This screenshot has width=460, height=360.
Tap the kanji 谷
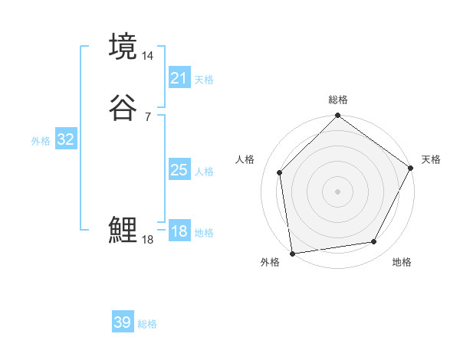pos(123,106)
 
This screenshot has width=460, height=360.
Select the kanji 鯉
pos(123,230)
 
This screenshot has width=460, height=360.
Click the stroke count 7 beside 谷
pos(148,116)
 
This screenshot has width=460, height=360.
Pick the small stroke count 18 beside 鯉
pos(148,239)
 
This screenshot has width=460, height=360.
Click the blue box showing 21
pos(179,78)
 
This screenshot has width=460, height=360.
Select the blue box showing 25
pos(179,170)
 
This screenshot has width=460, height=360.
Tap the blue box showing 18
pos(179,231)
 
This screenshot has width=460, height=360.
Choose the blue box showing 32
pos(66,139)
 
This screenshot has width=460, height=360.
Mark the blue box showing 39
pos(123,322)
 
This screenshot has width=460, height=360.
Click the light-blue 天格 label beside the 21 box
pos(204,80)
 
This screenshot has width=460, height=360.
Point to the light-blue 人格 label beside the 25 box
pos(204,172)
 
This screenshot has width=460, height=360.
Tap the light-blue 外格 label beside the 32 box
pos(41,141)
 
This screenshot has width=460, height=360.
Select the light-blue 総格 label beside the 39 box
pos(147,324)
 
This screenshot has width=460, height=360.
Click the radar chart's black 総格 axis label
pos(338,100)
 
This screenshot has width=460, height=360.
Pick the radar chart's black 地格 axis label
pos(402,263)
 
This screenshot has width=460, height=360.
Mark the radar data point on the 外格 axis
pos(292,252)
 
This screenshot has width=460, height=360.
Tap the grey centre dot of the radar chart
pos(337,191)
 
